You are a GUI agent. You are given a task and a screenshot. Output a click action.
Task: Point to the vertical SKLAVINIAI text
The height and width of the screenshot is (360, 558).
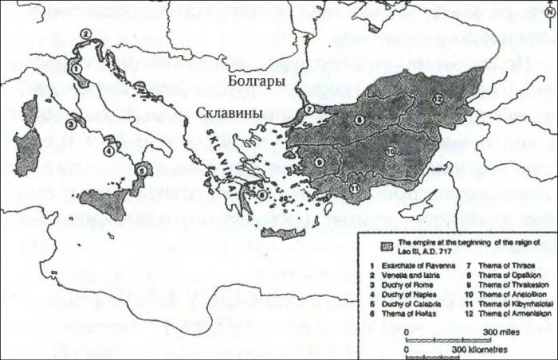click(218, 156)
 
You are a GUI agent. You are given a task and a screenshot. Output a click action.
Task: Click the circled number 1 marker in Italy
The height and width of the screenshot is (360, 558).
click(76, 69)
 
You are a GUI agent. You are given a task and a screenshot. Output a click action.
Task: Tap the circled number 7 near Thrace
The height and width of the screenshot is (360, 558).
click(308, 110)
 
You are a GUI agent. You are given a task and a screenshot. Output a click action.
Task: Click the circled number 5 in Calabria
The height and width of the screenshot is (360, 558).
click(141, 169)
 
